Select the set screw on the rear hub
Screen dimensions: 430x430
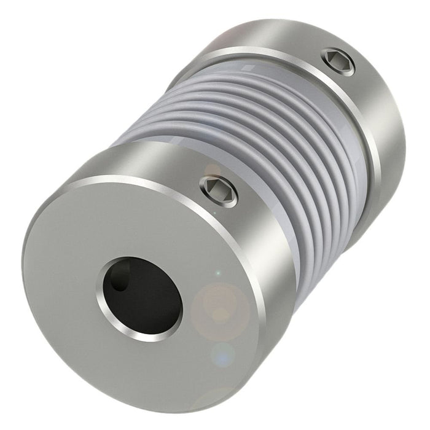339,61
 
